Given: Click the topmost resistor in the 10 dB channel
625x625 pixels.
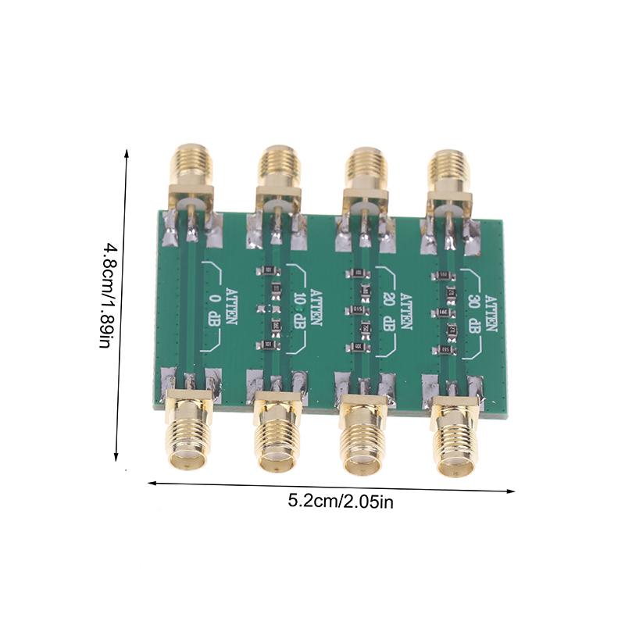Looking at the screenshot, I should [268, 270].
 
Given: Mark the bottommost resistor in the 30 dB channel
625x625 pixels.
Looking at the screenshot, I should [445, 348].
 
